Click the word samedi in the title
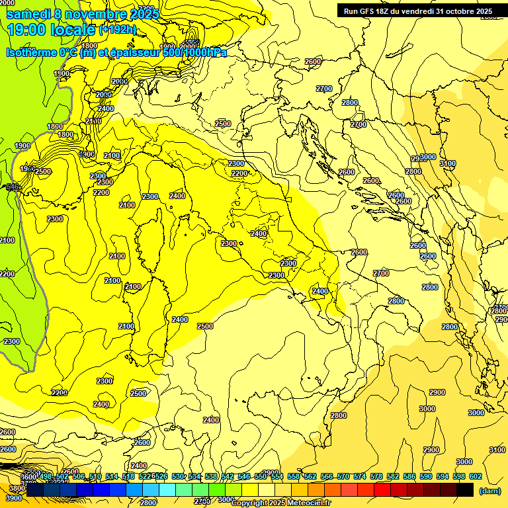(30, 14)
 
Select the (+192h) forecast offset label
(118, 30)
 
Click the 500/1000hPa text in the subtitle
(194, 52)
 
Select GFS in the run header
(370, 11)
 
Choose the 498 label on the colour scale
(46, 476)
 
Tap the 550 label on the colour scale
(261, 476)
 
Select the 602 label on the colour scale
(475, 476)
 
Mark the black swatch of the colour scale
(465, 489)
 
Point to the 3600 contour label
(28, 477)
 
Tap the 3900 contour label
(15, 497)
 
